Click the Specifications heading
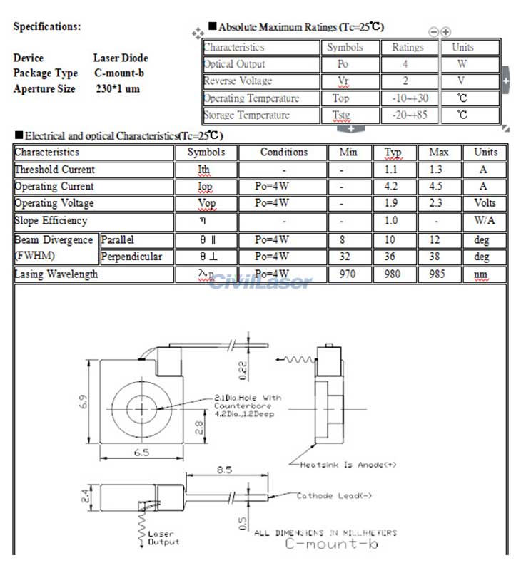tap(47, 27)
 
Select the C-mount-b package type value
tap(119, 73)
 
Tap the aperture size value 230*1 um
tap(118, 89)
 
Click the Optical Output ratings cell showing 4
tap(405, 64)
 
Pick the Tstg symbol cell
tap(341, 115)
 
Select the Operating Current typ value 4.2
tap(391, 187)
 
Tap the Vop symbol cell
tap(206, 204)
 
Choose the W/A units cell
tap(484, 221)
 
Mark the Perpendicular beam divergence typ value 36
tap(391, 257)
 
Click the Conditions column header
tap(283, 153)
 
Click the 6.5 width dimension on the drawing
tap(141, 452)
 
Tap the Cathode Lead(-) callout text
tap(334, 496)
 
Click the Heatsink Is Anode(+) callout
tap(348, 465)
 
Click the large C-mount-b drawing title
tap(331, 544)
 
